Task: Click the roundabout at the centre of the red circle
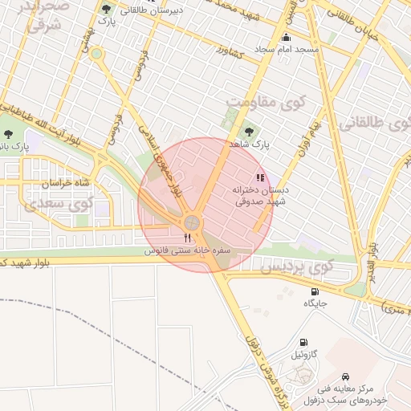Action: (192, 222)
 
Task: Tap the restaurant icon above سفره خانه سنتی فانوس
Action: (188, 238)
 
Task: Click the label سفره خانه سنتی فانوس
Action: (188, 250)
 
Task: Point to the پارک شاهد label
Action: (246, 144)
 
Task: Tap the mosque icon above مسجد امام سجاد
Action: (287, 37)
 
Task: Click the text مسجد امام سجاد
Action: (287, 50)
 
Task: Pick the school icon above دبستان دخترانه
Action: (259, 177)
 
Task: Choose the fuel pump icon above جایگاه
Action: (315, 291)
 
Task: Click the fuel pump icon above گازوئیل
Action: (303, 342)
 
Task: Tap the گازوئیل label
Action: (303, 354)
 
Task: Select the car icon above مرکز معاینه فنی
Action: (345, 376)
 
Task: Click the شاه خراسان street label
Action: (61, 183)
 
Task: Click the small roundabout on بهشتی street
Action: (96, 54)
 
